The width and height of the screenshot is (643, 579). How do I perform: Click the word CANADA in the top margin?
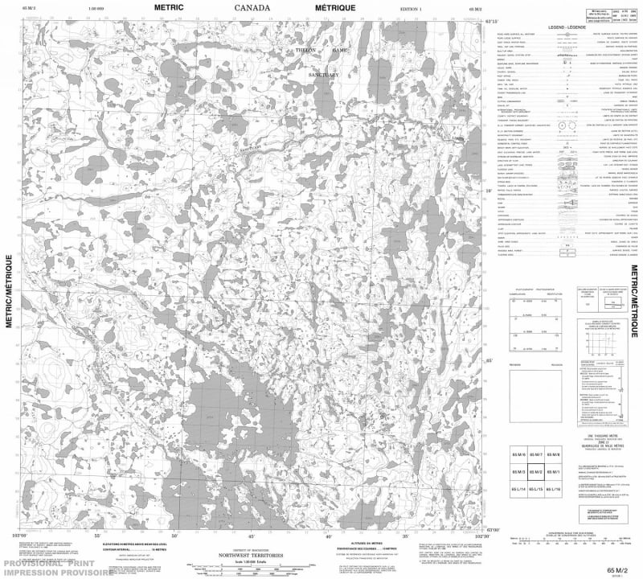252,9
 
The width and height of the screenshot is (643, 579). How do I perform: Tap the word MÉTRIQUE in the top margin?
332,9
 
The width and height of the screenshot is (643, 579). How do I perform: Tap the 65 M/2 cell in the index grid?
535,471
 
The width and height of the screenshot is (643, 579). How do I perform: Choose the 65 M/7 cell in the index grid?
535,454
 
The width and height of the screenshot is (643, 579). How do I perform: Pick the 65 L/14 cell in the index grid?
518,488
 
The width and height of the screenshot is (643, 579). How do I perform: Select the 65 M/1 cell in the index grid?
553,471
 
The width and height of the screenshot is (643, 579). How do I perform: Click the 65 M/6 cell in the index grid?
518,454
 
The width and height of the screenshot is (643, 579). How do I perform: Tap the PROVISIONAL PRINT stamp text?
56,563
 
